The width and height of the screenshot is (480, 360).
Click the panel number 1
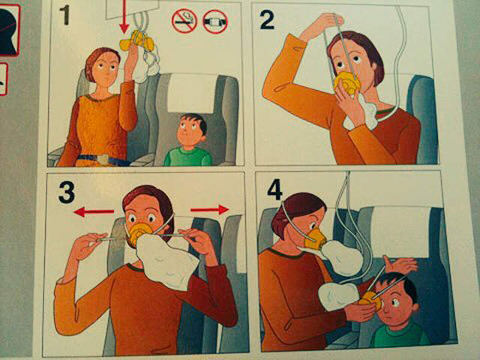[x=64, y=15]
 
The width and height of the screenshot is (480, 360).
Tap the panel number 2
[x=267, y=20]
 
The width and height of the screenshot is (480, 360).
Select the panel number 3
[x=67, y=192]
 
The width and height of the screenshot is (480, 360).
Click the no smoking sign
[x=184, y=21]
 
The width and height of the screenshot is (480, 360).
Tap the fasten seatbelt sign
[x=215, y=22]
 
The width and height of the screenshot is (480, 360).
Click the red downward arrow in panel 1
[x=124, y=16]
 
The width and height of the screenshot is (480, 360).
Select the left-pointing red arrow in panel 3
[x=94, y=211]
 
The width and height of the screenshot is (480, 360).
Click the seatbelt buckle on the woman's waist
[x=103, y=159]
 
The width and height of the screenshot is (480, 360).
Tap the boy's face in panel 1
[x=188, y=130]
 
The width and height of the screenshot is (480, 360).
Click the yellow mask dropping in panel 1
[x=138, y=42]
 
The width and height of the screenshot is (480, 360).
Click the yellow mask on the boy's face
[x=371, y=300]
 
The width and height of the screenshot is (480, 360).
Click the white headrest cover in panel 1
[x=192, y=92]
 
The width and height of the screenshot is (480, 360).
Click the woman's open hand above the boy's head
[x=400, y=265]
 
